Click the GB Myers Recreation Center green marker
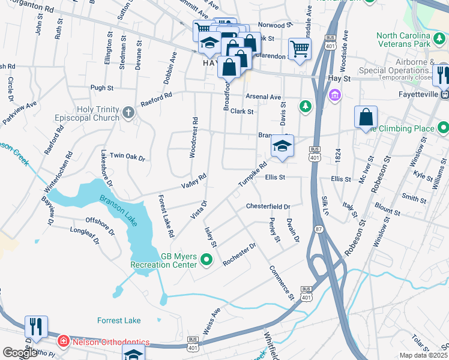(x=207, y=260)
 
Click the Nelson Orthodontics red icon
(x=62, y=341)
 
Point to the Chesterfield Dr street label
(x=268, y=206)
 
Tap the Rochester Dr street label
(x=240, y=254)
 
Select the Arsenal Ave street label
(x=263, y=97)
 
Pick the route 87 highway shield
(x=319, y=229)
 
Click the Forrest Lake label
(x=120, y=320)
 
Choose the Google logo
(x=19, y=353)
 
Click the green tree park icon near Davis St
(x=306, y=106)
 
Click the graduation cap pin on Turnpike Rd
(x=282, y=146)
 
